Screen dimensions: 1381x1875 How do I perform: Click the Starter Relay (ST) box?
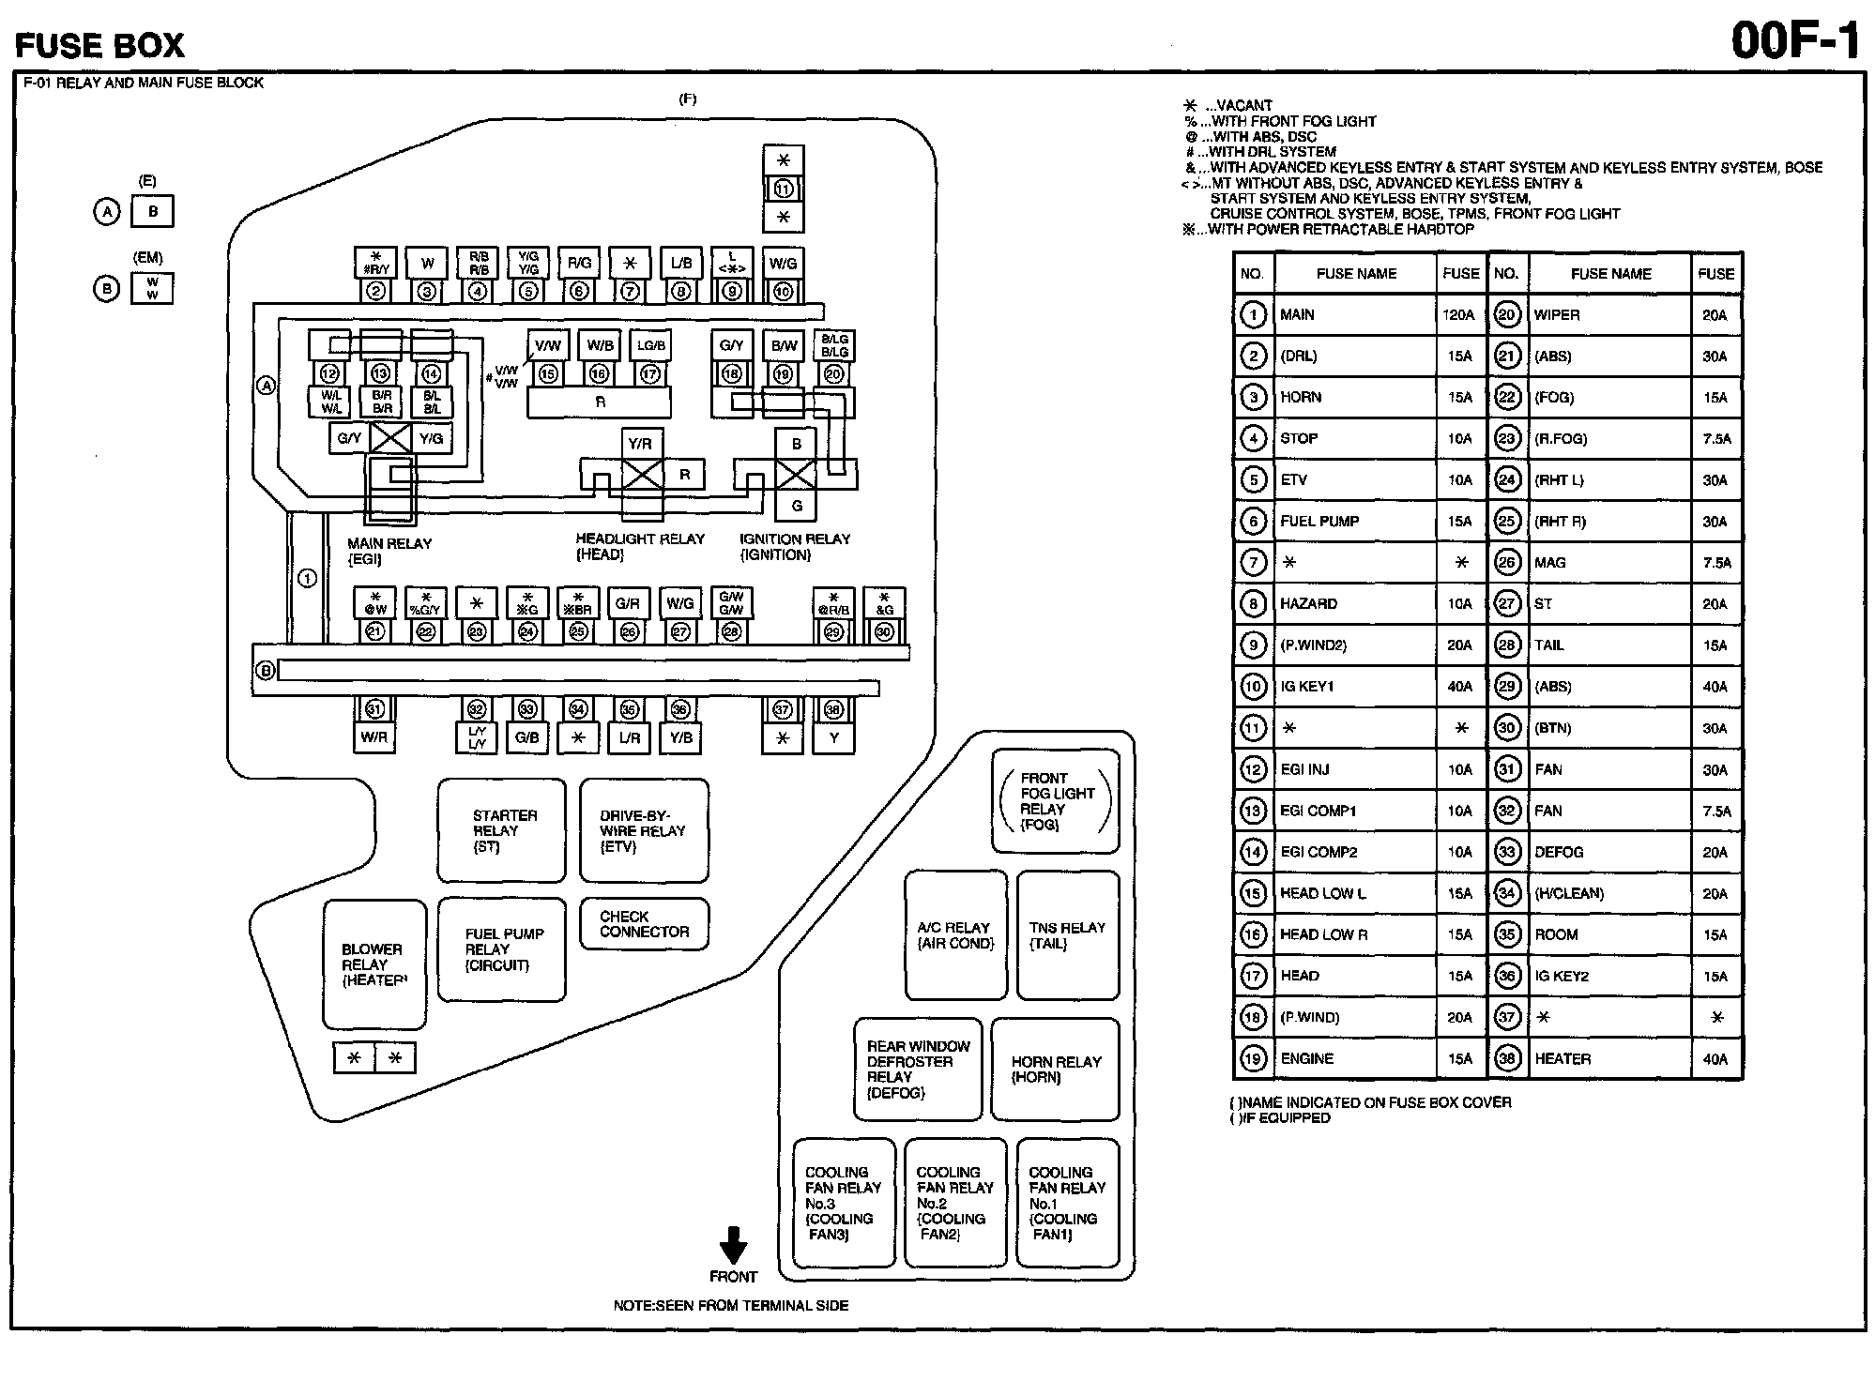tap(501, 830)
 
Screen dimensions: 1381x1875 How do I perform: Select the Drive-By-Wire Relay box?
tap(644, 830)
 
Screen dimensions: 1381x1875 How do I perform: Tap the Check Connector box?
tap(644, 924)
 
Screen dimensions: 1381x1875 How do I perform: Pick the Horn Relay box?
tap(1055, 1069)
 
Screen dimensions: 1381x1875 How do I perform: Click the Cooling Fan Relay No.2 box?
tap(955, 1203)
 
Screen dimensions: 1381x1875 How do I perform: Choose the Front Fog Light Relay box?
tap(1055, 800)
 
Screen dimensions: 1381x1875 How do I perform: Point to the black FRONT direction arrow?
tap(733, 1245)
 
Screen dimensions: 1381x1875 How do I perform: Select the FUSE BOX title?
tap(99, 45)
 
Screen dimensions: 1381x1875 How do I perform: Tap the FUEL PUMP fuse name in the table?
tap(1319, 522)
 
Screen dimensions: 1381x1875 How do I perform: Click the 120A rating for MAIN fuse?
tap(1458, 315)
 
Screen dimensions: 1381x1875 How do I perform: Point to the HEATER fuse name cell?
tap(1562, 1059)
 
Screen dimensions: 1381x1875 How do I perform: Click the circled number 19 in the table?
tap(1254, 1059)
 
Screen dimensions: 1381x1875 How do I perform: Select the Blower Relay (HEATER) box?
tap(373, 964)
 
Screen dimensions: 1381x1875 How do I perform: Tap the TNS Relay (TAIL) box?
tap(1068, 935)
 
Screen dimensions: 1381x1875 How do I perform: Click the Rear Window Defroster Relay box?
tap(918, 1069)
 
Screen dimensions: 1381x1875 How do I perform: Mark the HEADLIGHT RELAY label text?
tap(640, 539)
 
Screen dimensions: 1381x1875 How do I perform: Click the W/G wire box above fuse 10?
tap(783, 264)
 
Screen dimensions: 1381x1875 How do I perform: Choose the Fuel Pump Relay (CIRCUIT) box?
tap(502, 949)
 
